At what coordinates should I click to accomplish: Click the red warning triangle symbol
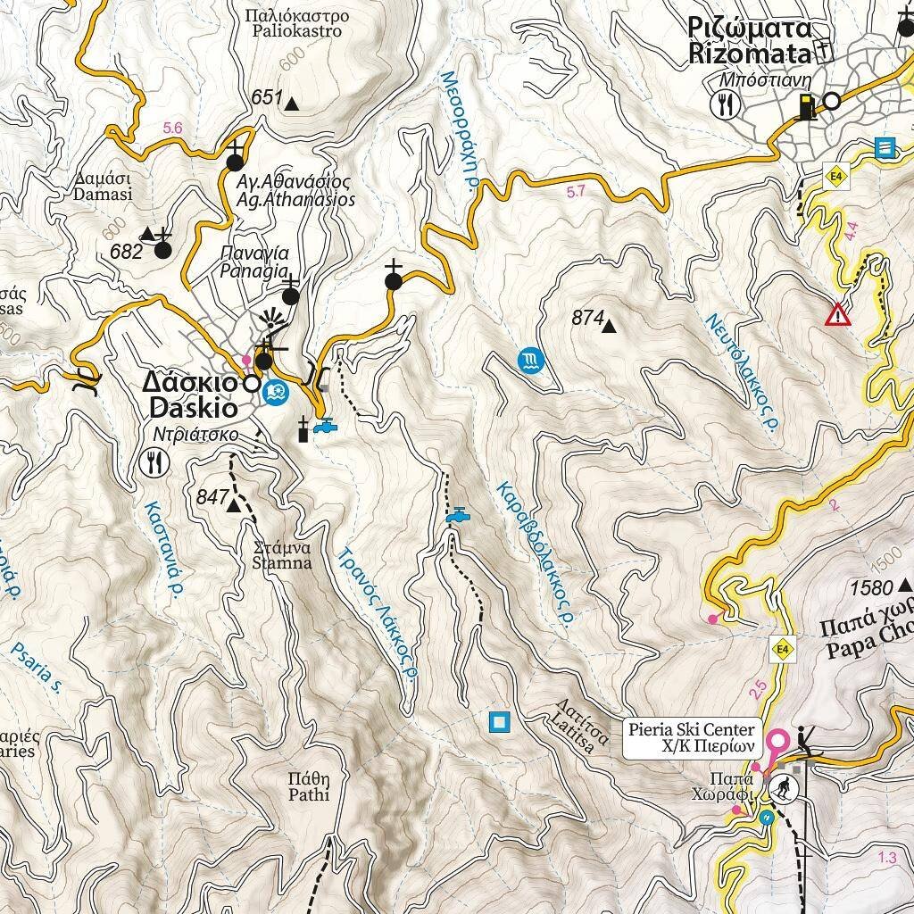click(837, 314)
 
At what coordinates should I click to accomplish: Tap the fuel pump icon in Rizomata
click(807, 105)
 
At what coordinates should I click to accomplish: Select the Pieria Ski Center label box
click(692, 738)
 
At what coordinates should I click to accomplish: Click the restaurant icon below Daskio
click(156, 461)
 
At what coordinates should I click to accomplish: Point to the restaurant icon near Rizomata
click(725, 104)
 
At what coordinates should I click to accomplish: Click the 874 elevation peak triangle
click(609, 327)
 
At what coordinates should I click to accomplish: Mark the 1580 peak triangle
click(905, 586)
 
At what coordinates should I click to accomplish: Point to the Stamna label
click(282, 555)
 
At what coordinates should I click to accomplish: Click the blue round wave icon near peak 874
click(529, 361)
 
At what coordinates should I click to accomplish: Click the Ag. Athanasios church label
click(295, 191)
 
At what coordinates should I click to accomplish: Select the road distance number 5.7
click(576, 190)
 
